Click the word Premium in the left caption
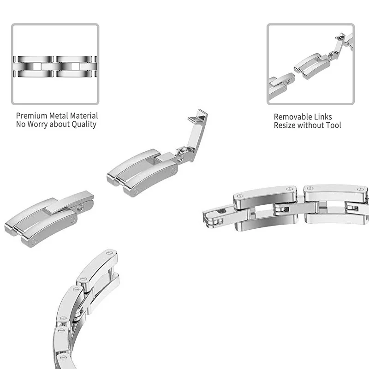(31, 116)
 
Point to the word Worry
(41, 125)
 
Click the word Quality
(83, 125)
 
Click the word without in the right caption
(311, 125)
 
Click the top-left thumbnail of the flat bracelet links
(55, 65)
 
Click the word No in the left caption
(21, 125)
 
